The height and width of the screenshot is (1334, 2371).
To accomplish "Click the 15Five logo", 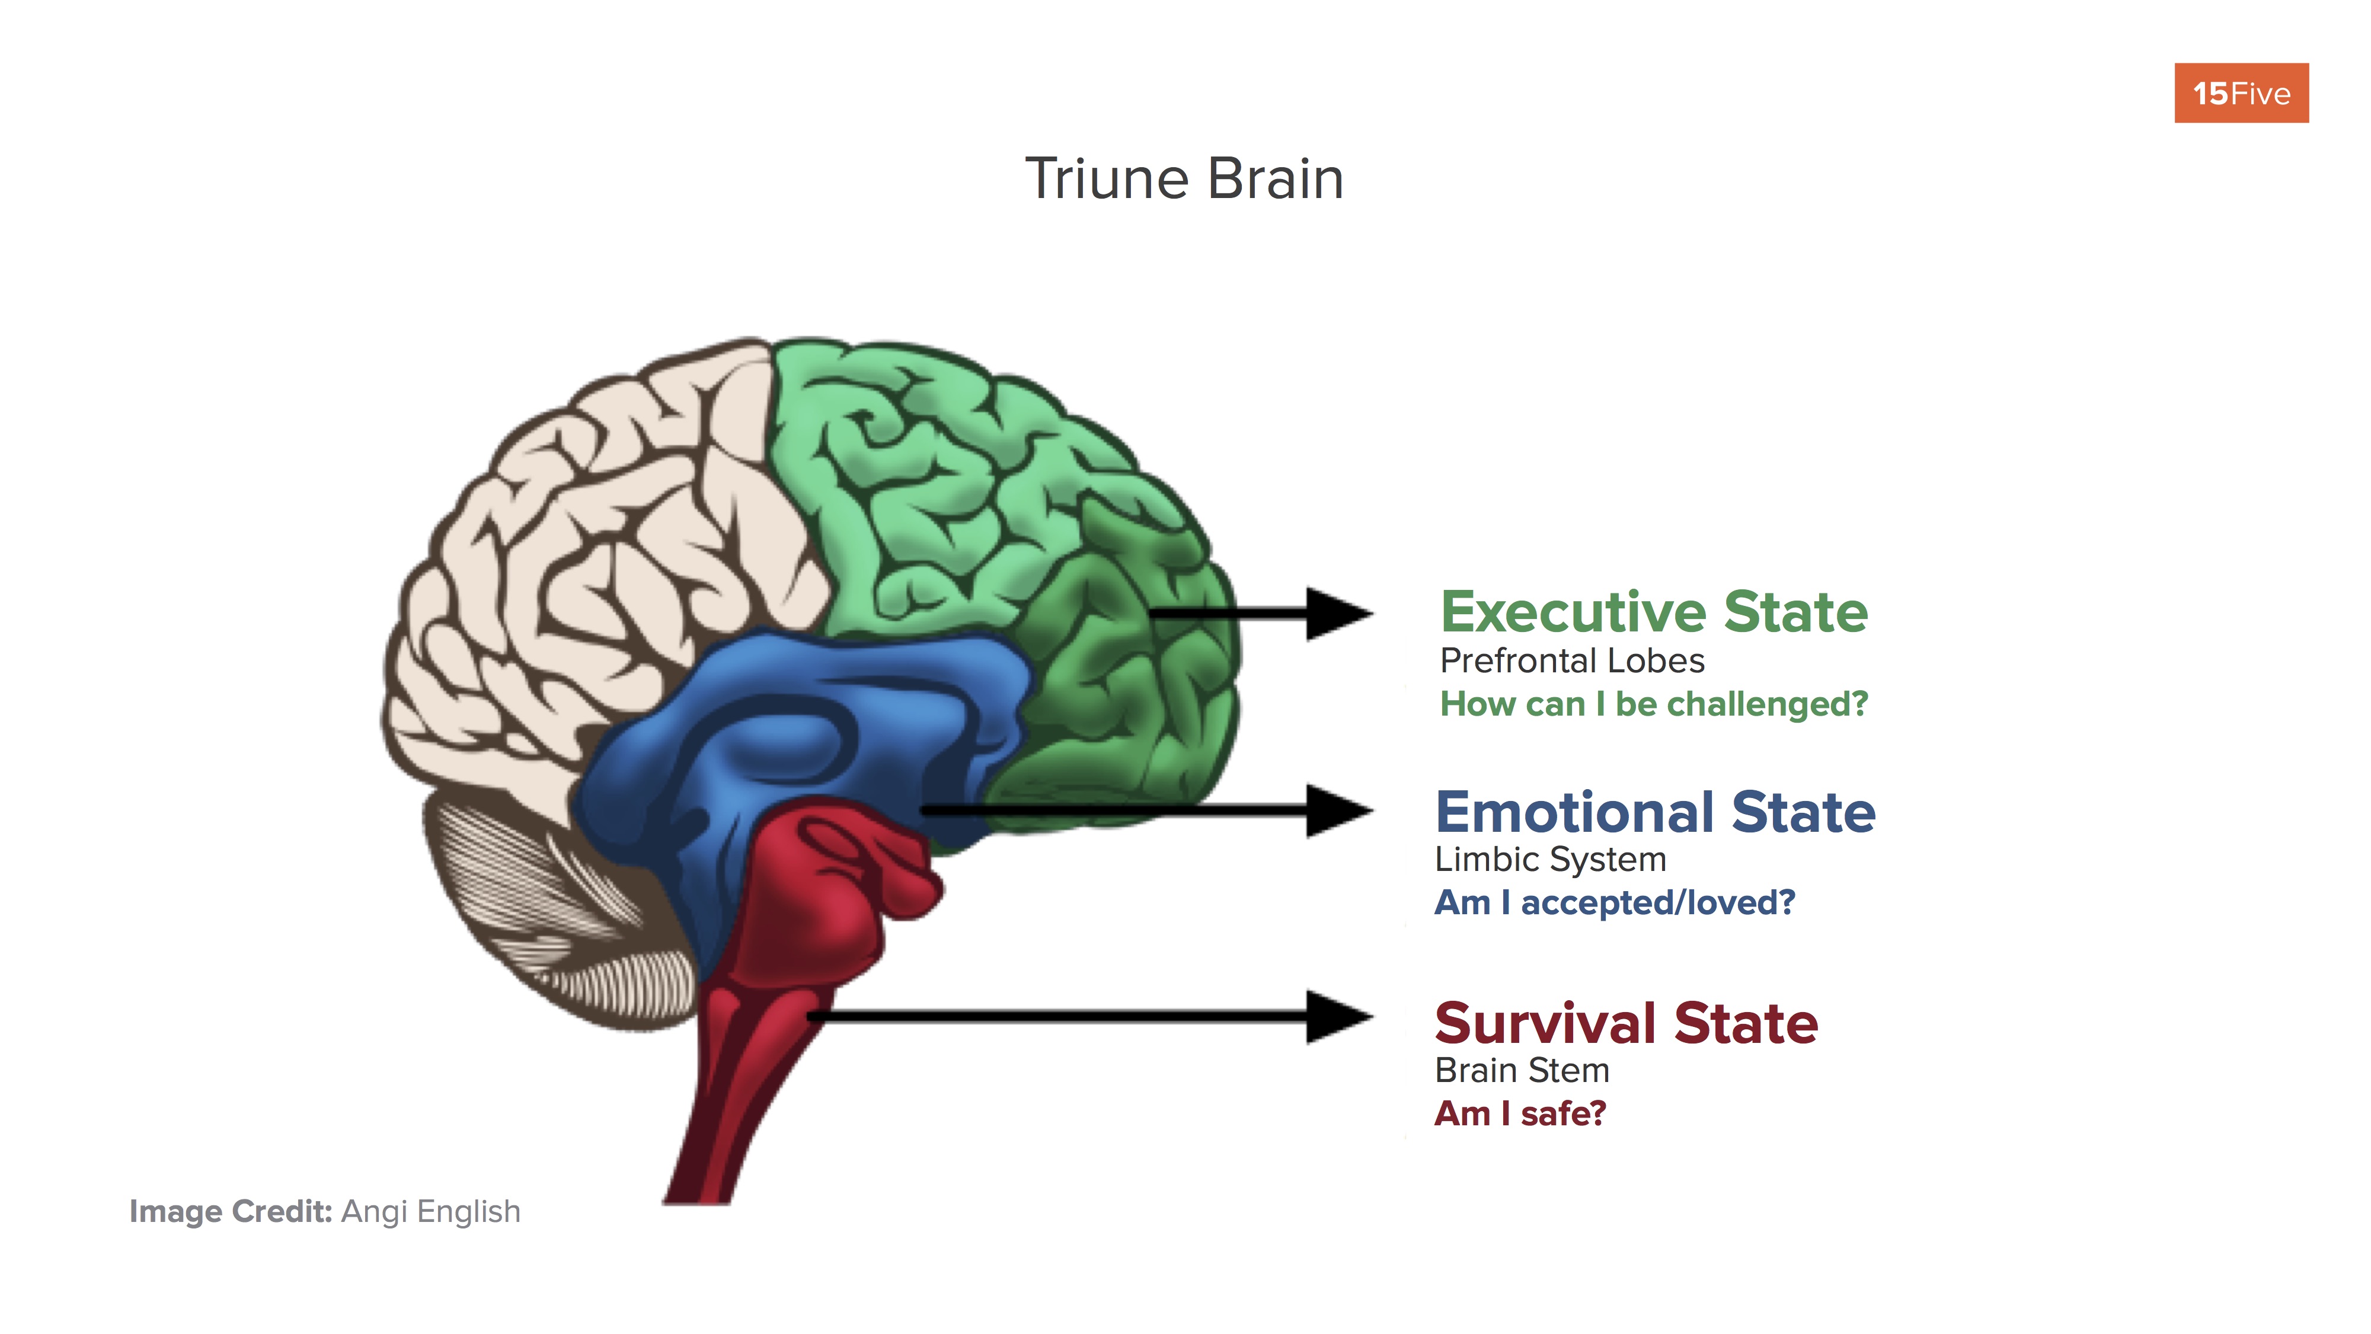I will [2241, 93].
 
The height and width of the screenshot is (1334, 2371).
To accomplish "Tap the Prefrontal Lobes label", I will [1571, 661].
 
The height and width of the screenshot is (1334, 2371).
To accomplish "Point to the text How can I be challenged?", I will [1653, 704].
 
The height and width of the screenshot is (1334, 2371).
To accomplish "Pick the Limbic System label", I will [1550, 860].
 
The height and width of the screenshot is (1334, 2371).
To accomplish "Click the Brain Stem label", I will [1522, 1071].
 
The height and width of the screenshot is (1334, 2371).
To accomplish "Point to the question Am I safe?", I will [1520, 1114].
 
